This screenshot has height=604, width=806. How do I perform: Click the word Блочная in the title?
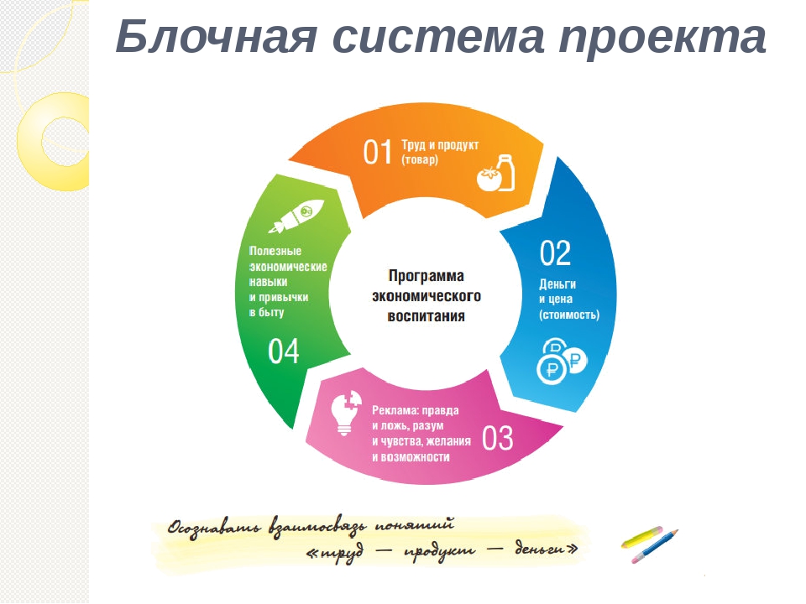coord(216,36)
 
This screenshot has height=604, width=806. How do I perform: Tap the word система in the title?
coord(438,37)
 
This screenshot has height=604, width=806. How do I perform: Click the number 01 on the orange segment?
coord(378,152)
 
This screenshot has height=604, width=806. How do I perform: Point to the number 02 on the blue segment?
coord(555,253)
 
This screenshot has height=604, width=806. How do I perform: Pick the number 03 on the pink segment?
coord(498,438)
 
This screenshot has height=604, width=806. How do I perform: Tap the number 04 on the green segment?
coord(283,351)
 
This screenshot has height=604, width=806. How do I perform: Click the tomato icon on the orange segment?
coord(488,180)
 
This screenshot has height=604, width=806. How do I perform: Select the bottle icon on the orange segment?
coord(505,172)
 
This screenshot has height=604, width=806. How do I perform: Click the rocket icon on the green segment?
coord(296,216)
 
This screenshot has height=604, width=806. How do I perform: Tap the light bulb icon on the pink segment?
coord(347,413)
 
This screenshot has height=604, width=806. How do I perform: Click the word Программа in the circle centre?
coord(427,276)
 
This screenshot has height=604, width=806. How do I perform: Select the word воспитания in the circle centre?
coord(427,316)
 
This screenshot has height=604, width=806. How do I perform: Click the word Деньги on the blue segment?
coord(557,284)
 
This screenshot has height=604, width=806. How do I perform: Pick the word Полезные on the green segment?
coord(275,251)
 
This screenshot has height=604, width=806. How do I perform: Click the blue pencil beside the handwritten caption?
coord(655,545)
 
